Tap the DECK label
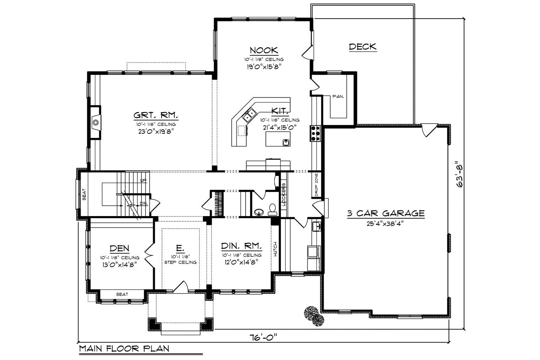pos(362,47)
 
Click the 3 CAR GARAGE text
pos(386,214)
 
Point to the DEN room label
pos(119,248)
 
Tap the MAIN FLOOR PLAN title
pos(124,349)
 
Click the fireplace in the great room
pos(96,123)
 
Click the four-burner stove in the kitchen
pos(316,133)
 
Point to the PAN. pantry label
pos(338,96)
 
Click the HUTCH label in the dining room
pos(275,249)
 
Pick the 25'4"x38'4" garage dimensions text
pos(385,224)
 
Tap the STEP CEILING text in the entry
pos(181,262)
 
